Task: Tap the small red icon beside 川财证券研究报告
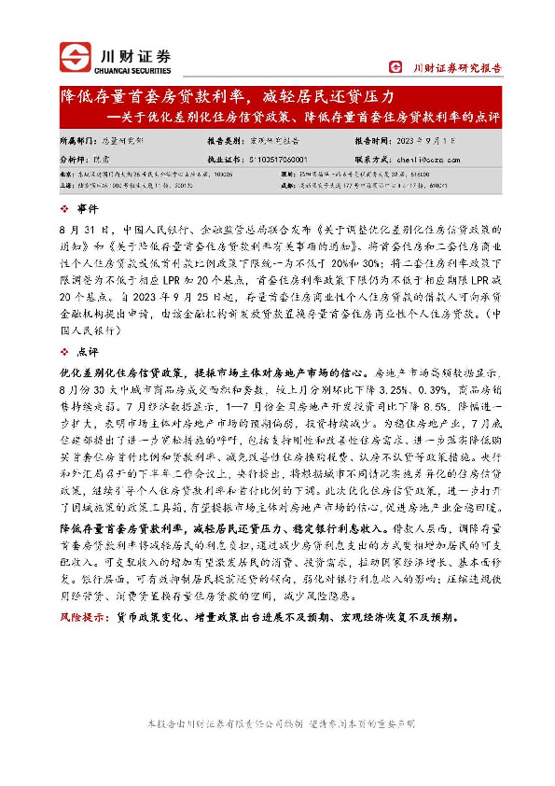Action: pos(395,67)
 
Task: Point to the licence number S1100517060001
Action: pos(277,160)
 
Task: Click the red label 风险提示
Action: pos(80,617)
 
